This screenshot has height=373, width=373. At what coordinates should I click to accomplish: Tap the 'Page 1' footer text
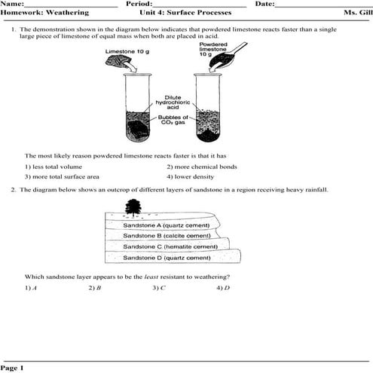click(x=13, y=368)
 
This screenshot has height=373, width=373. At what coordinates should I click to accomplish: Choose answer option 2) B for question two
click(x=94, y=287)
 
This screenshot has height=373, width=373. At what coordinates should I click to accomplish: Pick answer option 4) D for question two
click(x=222, y=287)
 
